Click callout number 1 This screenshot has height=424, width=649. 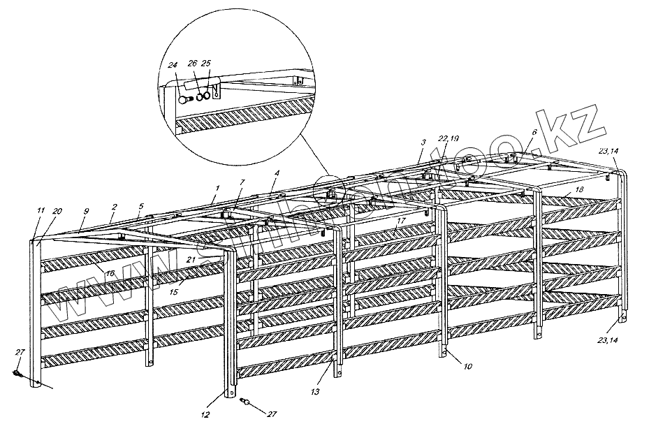(x=217, y=188)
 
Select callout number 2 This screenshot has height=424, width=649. (x=114, y=207)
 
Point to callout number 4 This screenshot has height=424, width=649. (x=277, y=173)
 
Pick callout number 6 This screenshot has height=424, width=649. (x=535, y=131)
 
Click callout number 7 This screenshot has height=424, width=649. (x=242, y=182)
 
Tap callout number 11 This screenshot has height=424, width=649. (x=41, y=210)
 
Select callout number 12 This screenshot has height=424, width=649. (x=205, y=414)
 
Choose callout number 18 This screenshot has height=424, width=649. (x=579, y=190)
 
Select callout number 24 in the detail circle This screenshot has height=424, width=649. (x=172, y=65)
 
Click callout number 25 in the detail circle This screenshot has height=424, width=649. (x=206, y=64)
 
